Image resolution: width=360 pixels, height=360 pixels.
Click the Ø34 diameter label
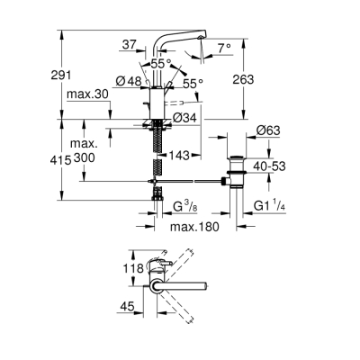point(185,118)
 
